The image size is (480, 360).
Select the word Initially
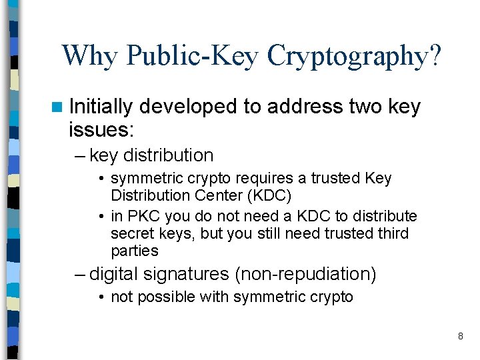[x=101, y=107]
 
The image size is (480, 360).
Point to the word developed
[x=189, y=107]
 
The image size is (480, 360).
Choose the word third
[x=391, y=234]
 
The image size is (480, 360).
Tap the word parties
[x=135, y=251]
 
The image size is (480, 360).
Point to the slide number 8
[x=460, y=337]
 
